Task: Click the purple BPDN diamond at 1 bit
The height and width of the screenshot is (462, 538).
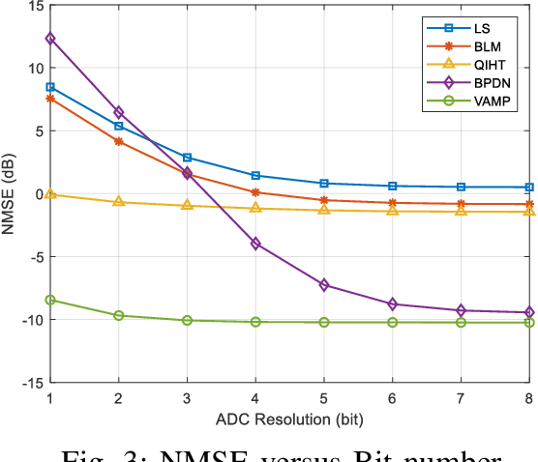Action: pyautogui.click(x=50, y=39)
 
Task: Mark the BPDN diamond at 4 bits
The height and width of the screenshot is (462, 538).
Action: pyautogui.click(x=255, y=244)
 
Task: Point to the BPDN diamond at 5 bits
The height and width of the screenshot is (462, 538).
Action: pyautogui.click(x=324, y=285)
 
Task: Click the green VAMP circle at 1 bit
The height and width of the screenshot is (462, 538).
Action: pyautogui.click(x=50, y=300)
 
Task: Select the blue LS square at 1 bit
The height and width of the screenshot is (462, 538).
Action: pyautogui.click(x=50, y=87)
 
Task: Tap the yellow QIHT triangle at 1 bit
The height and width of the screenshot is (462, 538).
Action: pyautogui.click(x=50, y=194)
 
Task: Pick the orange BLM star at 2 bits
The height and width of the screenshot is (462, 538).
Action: pyautogui.click(x=119, y=141)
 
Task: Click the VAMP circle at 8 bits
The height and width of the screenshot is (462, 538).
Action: pyautogui.click(x=529, y=322)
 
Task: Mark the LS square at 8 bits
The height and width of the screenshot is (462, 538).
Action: pyautogui.click(x=529, y=187)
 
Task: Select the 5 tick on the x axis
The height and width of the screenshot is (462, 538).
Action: pyautogui.click(x=324, y=398)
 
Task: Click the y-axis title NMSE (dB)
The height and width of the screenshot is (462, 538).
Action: pyautogui.click(x=10, y=194)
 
